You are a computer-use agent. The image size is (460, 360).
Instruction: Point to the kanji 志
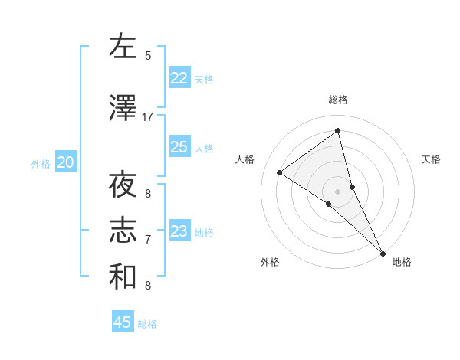123,231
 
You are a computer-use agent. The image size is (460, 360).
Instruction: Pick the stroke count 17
148,117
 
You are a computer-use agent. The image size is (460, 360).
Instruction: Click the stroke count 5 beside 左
148,55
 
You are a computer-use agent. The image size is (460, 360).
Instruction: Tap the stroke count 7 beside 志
148,240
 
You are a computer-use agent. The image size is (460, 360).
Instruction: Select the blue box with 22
179,78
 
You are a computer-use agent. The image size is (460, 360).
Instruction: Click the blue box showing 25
179,147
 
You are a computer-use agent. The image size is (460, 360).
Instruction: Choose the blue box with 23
179,231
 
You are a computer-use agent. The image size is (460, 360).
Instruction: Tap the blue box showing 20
66,162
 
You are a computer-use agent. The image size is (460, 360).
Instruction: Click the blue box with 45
123,322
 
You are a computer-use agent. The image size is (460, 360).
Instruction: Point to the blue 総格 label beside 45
147,324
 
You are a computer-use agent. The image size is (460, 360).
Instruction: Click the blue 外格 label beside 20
41,163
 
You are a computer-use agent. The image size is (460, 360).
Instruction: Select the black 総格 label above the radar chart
338,100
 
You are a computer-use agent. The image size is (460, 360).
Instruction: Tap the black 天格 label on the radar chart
432,159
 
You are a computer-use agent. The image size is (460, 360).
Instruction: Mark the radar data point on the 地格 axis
383,252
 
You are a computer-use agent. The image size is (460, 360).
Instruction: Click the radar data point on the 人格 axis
280,172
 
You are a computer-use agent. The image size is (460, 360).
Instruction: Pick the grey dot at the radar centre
338,191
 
